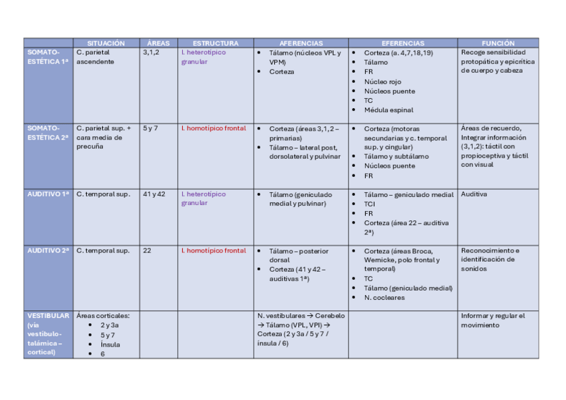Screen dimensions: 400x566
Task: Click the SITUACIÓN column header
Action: click(105, 43)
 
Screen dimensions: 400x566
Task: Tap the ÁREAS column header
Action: click(158, 43)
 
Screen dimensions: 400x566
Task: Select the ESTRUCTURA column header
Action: click(215, 43)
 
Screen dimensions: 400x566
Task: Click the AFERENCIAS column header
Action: click(300, 43)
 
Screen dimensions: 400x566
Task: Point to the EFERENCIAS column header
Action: click(402, 43)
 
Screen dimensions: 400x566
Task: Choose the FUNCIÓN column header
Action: click(498, 43)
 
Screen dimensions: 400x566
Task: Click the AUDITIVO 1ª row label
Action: click(48, 194)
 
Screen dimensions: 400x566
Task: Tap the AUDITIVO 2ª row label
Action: click(48, 250)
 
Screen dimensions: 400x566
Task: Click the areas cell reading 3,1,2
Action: click(151, 52)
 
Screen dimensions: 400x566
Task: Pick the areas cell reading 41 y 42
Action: click(154, 194)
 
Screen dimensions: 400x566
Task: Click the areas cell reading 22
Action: click(147, 250)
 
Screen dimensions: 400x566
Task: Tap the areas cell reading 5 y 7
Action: click(150, 128)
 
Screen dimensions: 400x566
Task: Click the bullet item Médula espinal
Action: click(388, 110)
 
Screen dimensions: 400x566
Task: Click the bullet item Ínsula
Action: click(111, 345)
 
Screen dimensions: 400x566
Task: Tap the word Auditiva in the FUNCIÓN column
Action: click(474, 194)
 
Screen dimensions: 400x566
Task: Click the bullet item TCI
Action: click(370, 204)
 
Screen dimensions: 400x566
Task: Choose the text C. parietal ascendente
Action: click(95, 57)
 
